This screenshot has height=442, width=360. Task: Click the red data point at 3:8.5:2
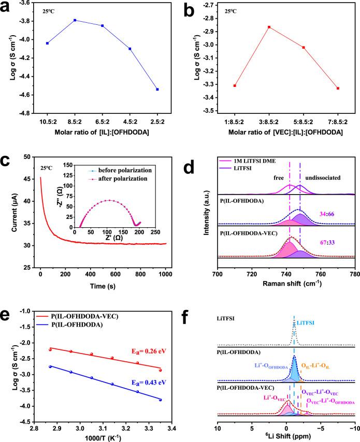[x=269, y=27]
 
